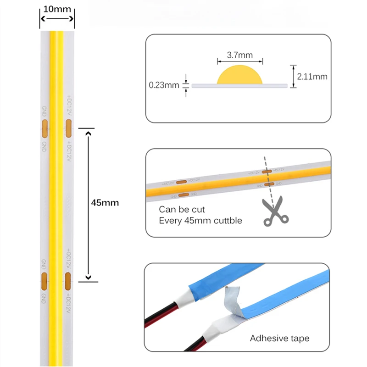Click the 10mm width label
coord(57,9)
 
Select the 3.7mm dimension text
coord(239,56)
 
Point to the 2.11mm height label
coord(312,76)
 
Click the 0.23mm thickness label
coord(164,85)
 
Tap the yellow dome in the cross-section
coord(239,75)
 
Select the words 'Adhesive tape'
coord(279,339)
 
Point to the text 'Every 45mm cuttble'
coord(200,221)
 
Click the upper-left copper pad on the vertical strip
coord(44,129)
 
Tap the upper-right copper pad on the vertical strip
coord(68,129)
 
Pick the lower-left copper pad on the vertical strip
coord(44,280)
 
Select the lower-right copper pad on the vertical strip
coord(68,280)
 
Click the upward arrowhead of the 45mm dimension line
coord(89,133)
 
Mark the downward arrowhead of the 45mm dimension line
coord(89,277)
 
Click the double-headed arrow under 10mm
coord(57,19)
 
